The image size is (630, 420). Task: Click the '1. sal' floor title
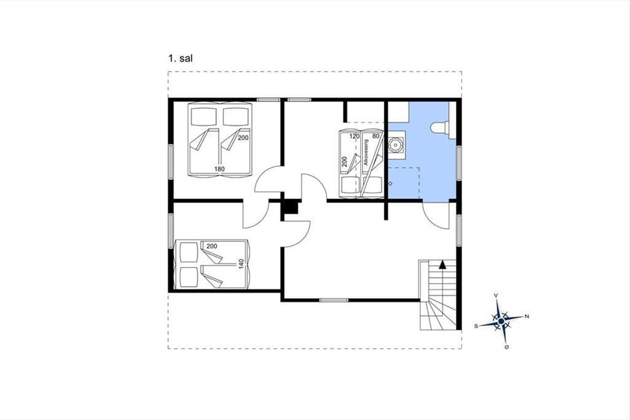coord(181,58)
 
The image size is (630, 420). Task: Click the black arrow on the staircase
coord(443,265)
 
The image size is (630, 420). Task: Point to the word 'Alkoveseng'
coord(366,152)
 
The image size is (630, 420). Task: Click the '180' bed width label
coord(219,169)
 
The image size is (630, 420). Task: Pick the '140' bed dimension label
coord(241,264)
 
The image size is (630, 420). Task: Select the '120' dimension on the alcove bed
coord(354,136)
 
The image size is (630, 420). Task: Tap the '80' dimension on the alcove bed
coord(376,136)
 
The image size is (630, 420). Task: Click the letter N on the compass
coord(527,317)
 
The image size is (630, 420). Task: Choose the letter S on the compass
coord(476,326)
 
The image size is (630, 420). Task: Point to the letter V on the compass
coord(497,295)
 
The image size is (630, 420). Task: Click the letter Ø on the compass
coord(507,347)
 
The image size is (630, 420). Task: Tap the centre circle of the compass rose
coord(501,321)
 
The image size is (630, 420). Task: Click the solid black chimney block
coord(291,207)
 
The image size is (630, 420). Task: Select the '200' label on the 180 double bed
coord(243,138)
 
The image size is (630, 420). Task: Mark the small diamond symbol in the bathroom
coord(391,184)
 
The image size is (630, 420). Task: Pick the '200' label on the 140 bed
coord(212,246)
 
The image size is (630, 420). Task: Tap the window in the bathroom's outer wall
coord(459,163)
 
